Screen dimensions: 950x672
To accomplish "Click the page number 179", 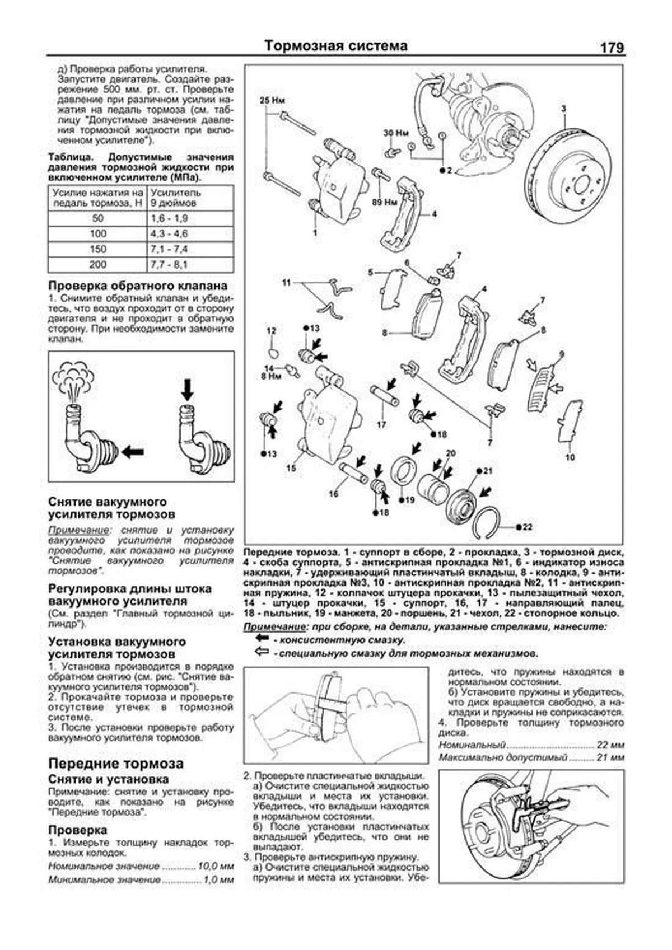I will click(x=612, y=48).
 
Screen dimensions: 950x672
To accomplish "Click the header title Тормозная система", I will click(x=336, y=45).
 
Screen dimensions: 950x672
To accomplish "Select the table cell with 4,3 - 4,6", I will click(x=169, y=234).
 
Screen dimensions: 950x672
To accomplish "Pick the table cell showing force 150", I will click(x=97, y=249).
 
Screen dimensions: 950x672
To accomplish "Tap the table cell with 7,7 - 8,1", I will click(x=169, y=265).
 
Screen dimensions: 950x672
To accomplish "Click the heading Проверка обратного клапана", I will click(x=138, y=285).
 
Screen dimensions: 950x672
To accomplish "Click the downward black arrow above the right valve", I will click(x=187, y=389).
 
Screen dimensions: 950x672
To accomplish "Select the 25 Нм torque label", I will click(x=272, y=101).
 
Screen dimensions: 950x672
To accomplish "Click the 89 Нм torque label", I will click(x=384, y=201).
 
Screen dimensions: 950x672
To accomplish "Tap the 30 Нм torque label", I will click(x=395, y=133).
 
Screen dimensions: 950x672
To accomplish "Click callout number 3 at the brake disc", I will click(x=564, y=108).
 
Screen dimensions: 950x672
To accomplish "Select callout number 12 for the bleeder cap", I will click(x=271, y=331).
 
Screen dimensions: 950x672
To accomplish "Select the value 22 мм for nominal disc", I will click(x=610, y=746).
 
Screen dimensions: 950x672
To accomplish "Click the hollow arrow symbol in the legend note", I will click(x=262, y=652).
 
